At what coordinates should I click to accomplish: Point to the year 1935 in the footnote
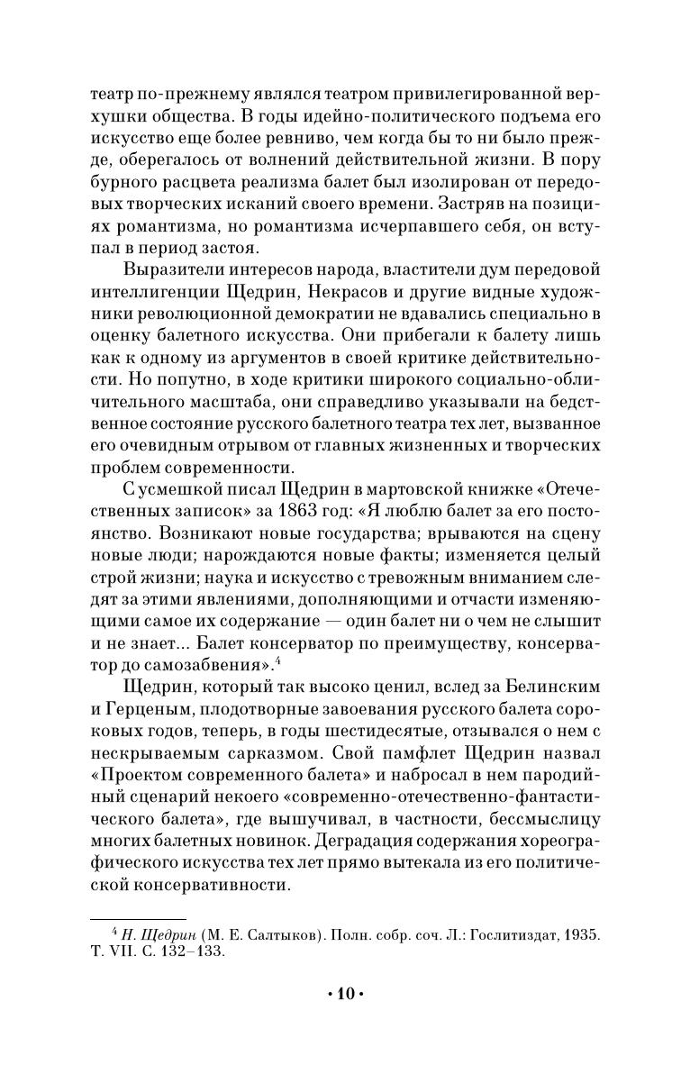(580, 933)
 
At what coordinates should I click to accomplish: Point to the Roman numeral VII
(133, 951)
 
